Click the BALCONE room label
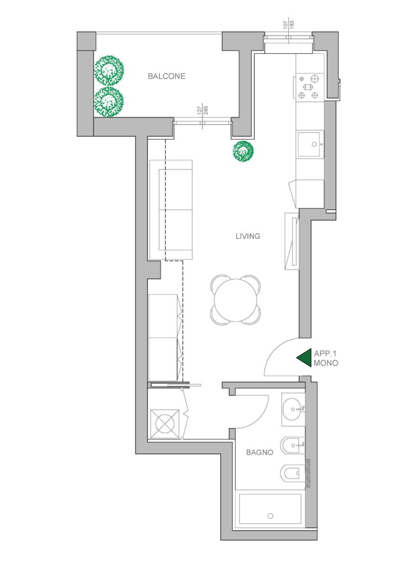point(167,76)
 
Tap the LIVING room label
point(248,237)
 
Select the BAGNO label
point(260,452)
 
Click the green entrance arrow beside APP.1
point(304,358)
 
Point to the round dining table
point(236,300)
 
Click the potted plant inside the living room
point(243,151)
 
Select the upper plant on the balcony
point(109,70)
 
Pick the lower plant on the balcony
point(109,101)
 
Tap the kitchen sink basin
point(310,144)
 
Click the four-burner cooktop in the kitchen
point(309,86)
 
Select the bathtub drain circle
point(271,516)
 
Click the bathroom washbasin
point(293,409)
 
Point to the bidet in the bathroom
point(292,445)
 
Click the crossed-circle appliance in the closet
point(165,424)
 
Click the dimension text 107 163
point(289,24)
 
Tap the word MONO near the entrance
point(326,363)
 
